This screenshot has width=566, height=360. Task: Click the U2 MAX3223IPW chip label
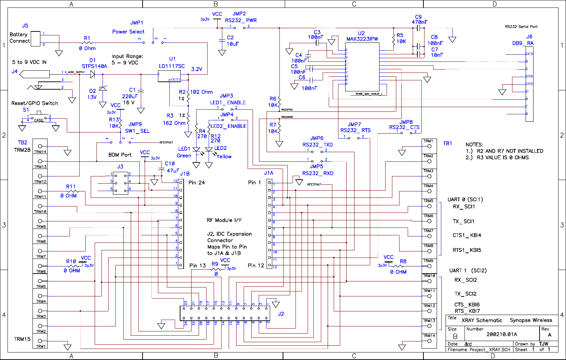[x=362, y=36]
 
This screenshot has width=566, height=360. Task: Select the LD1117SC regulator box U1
[x=169, y=76]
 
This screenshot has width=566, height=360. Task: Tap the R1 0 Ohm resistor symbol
[x=87, y=43]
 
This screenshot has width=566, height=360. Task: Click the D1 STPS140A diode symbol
[x=93, y=74]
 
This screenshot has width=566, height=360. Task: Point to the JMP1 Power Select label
[x=129, y=27]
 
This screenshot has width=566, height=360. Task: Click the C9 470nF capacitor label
[x=419, y=19]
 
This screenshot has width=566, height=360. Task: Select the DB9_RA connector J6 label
[x=523, y=40]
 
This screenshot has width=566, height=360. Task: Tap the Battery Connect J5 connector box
[x=35, y=39]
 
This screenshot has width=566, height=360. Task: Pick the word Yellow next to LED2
[x=224, y=156]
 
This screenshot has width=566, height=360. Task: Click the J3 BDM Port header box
[x=120, y=184]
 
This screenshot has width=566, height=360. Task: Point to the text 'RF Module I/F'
[x=224, y=220]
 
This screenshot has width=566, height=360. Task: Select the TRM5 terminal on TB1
[x=429, y=204]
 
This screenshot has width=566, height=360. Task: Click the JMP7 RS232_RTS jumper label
[x=355, y=127]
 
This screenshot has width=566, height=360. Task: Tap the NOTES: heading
[x=474, y=145]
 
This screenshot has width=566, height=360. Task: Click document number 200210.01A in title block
[x=501, y=334]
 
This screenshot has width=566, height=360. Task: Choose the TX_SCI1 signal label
[x=463, y=221]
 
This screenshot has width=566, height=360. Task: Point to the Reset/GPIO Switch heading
[x=35, y=103]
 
